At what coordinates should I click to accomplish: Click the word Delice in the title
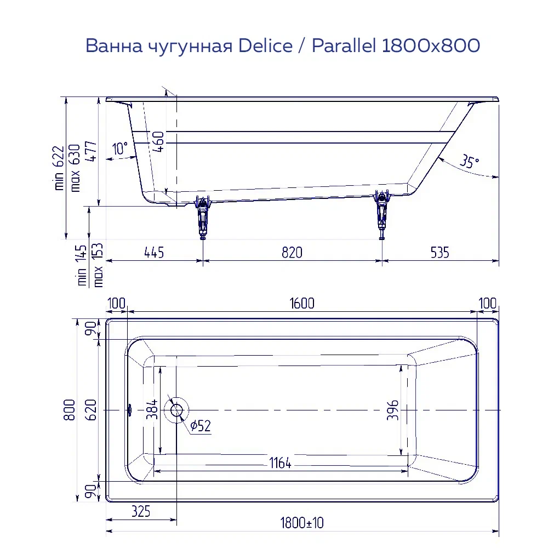point(265,46)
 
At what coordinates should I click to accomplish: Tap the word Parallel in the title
point(343,46)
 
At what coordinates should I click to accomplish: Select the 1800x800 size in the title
point(430,46)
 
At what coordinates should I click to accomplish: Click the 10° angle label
point(119,148)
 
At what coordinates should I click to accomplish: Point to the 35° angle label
point(469,162)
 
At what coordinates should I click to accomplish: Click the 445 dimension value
point(154,252)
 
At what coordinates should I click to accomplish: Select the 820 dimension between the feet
point(292,252)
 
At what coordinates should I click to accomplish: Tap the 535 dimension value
point(439,252)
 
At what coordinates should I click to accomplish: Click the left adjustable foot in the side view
point(203,216)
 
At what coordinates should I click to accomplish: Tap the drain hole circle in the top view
point(177,410)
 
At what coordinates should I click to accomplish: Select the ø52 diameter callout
point(201,426)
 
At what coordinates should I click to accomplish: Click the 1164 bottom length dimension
point(280,464)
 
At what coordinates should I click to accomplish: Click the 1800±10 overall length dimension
point(301,523)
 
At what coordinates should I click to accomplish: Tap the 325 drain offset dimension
point(141,512)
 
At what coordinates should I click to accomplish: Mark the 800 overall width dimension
point(70,409)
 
